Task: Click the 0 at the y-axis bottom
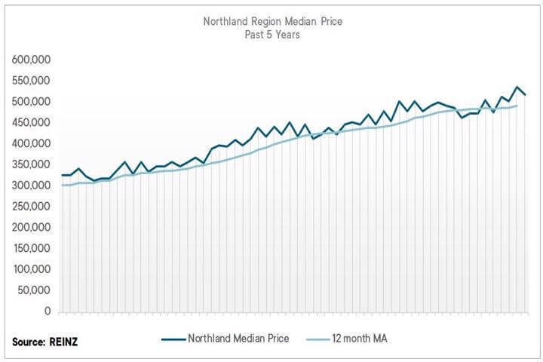[x=47, y=311]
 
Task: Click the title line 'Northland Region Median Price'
[x=272, y=21]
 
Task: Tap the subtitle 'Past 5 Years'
[x=272, y=35]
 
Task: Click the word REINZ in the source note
[x=66, y=342]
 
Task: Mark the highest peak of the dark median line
[x=517, y=87]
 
